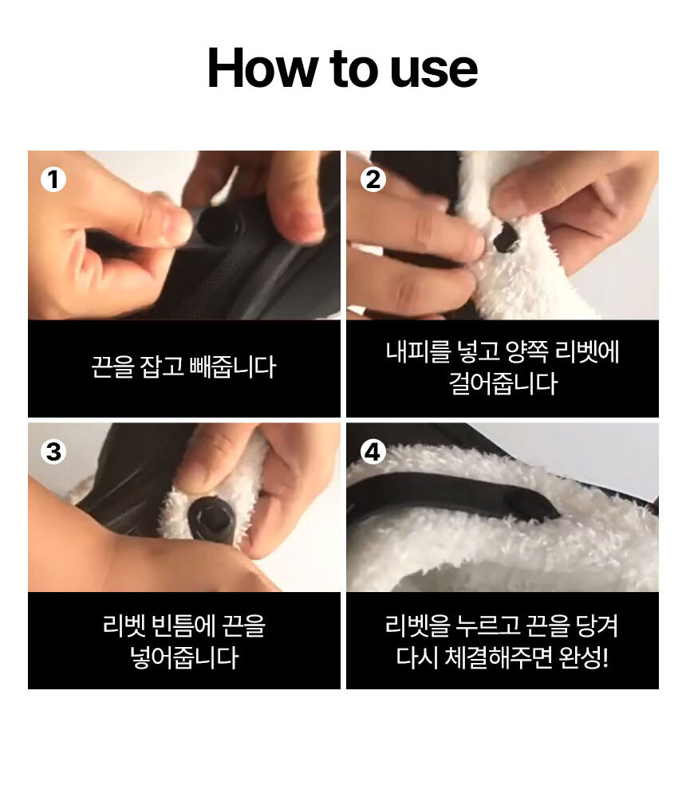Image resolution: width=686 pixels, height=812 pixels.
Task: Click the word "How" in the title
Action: coord(262,68)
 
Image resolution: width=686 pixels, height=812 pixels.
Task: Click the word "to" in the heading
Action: coord(353,69)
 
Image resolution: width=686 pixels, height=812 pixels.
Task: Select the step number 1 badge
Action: coord(53,180)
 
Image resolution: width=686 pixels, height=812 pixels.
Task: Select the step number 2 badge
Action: coord(373,180)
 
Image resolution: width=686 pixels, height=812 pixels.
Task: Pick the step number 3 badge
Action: coord(53,452)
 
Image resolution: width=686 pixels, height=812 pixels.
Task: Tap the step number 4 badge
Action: coord(373,452)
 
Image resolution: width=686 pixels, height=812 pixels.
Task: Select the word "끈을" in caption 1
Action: coord(112,367)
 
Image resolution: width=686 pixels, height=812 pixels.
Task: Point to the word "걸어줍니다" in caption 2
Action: coord(503,383)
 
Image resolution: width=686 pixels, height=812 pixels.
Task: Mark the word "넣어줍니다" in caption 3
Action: coord(184,657)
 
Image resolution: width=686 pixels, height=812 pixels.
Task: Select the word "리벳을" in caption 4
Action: coord(417,625)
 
